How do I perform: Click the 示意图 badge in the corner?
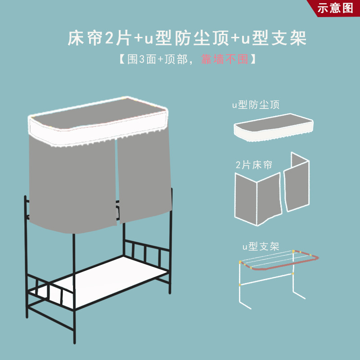click(x=336, y=8)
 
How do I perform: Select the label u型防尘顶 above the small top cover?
click(x=256, y=105)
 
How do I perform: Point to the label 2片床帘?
click(x=254, y=165)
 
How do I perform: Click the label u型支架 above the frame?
click(x=261, y=247)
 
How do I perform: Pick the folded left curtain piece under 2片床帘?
click(x=257, y=198)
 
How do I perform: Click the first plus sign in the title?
click(x=137, y=39)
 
